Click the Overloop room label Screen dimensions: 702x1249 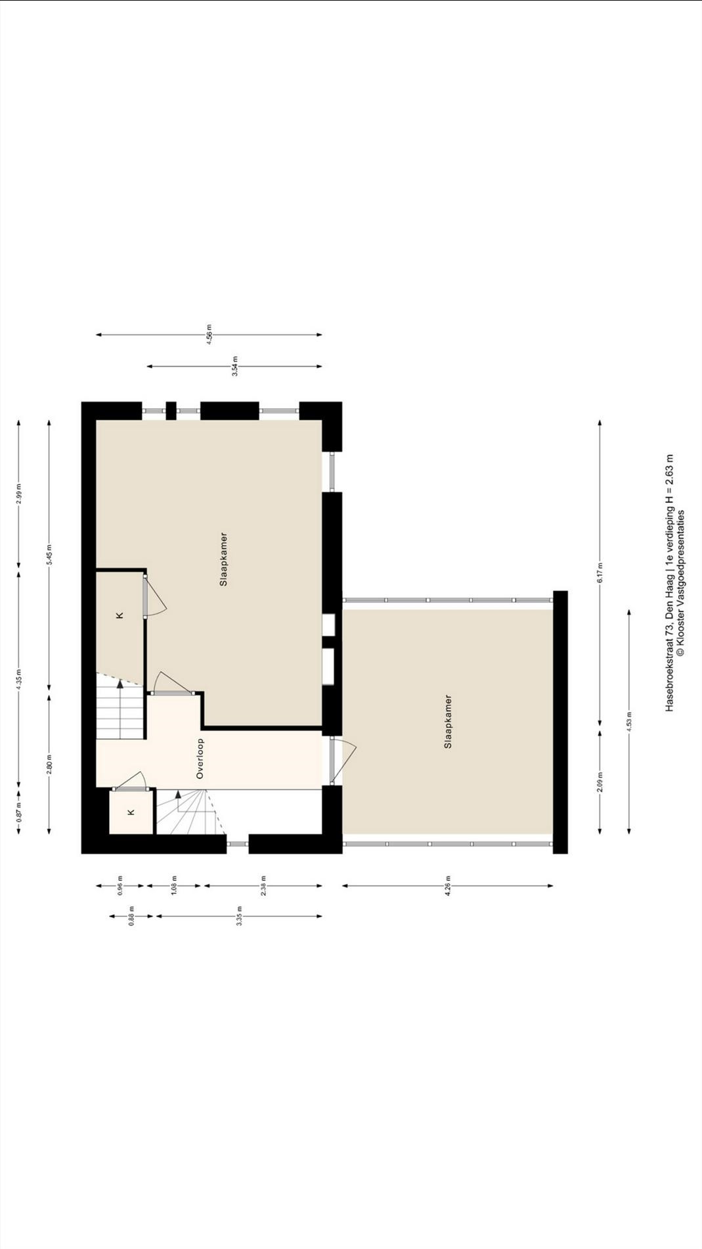(200, 759)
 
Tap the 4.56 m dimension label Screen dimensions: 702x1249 (209, 335)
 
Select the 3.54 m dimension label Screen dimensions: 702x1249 (235, 366)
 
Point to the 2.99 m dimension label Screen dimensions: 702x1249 (19, 494)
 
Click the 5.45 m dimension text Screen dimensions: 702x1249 (50, 556)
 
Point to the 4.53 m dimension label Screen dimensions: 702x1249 (629, 722)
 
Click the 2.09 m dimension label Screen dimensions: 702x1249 (600, 782)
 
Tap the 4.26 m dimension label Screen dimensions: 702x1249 (448, 885)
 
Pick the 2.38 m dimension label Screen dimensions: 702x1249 (263, 885)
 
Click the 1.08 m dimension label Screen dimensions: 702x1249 (175, 885)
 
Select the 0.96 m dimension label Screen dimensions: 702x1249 (120, 885)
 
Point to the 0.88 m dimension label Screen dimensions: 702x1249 (131, 916)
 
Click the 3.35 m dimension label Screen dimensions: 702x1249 (240, 916)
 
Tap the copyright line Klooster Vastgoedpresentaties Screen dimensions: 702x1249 (681, 582)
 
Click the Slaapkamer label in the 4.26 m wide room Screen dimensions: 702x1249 (448, 722)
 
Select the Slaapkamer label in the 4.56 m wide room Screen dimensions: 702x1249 (223, 559)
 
